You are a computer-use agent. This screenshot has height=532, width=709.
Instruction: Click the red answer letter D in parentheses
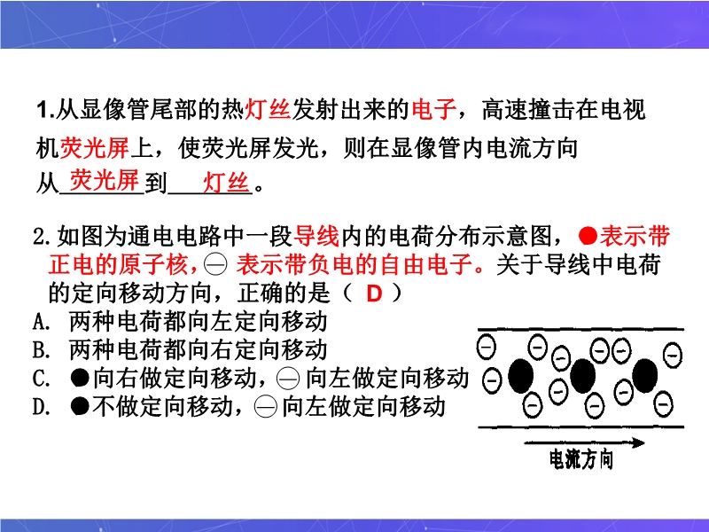point(374,293)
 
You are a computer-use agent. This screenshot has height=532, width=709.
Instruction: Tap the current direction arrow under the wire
point(584,442)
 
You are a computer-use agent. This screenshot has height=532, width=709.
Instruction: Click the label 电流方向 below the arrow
point(581,459)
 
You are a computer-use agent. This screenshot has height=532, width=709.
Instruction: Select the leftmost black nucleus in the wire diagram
point(521,376)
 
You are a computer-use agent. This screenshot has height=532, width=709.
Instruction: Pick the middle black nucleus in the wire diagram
point(583,376)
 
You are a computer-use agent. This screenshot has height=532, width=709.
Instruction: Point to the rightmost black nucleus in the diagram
point(645,375)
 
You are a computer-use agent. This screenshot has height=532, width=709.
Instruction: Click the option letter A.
point(42,322)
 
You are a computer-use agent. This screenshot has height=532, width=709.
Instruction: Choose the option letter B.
point(42,349)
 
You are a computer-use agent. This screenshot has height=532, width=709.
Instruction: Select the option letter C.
point(42,379)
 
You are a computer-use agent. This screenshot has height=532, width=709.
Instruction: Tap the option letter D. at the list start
point(42,407)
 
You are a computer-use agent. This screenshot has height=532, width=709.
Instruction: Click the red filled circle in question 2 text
point(588,236)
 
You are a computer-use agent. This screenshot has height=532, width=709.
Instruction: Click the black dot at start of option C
point(80,378)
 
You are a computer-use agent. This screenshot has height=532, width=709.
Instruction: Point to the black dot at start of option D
point(80,406)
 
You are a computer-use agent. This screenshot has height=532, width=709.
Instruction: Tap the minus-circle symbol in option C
point(288,379)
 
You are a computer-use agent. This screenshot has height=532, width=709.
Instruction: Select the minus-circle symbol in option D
point(265,407)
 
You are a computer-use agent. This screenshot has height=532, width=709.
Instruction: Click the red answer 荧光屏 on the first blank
point(105,181)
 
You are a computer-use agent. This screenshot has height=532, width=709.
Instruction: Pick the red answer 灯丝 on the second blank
point(226,184)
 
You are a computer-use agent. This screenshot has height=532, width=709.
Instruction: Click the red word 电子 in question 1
point(433,110)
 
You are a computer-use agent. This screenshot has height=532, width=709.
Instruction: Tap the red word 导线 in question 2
point(316,236)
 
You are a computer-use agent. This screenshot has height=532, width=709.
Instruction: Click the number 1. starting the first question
point(46,110)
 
